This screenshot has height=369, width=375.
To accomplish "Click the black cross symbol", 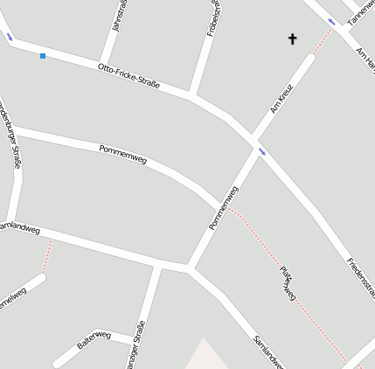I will pos(292,38).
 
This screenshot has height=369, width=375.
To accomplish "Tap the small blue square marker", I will pos(43,56).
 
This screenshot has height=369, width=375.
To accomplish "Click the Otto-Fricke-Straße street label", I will pos(128,75).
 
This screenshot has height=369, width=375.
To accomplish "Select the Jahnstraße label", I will pos(120,16).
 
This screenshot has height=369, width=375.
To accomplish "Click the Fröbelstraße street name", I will pos(213,17).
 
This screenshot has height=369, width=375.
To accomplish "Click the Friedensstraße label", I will pos(361,277).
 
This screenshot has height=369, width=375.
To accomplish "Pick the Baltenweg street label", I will pos(94,340).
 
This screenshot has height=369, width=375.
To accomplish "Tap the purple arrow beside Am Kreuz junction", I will pos(261,152).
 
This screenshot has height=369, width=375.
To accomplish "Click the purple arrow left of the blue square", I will pos(10,37).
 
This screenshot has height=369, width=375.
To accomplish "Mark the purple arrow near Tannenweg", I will pos(331,21).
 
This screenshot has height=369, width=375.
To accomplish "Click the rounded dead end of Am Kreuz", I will pos(309,59).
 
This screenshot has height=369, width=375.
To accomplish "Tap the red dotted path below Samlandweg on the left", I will pos(48,255).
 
